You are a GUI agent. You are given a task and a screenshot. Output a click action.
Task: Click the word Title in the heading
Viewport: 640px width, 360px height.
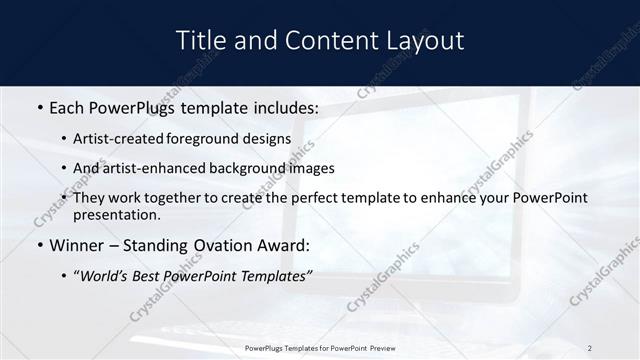pos(199,41)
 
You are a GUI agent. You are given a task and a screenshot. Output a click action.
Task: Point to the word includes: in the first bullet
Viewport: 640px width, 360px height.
pos(277,106)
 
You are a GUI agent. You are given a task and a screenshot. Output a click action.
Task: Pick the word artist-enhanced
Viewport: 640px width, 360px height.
pos(161,168)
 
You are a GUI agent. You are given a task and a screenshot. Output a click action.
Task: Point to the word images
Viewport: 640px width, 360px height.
pos(314,168)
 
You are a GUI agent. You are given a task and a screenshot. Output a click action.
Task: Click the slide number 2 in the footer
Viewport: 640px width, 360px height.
pos(589,348)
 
